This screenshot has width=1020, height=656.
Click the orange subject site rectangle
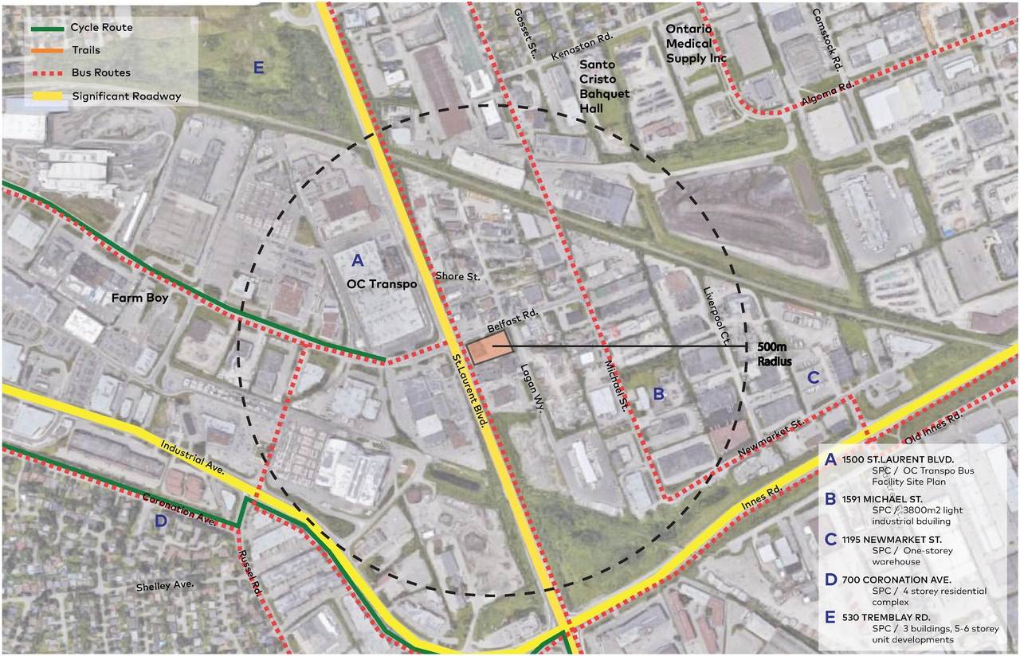489,349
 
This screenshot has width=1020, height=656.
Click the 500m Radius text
775,353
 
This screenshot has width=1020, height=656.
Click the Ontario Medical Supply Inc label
696,43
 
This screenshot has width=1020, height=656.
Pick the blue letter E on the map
257,67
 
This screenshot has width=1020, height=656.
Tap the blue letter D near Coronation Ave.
161,522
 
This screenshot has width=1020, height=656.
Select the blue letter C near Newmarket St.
814,378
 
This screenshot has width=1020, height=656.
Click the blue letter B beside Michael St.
658,392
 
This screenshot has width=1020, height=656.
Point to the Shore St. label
458,276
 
